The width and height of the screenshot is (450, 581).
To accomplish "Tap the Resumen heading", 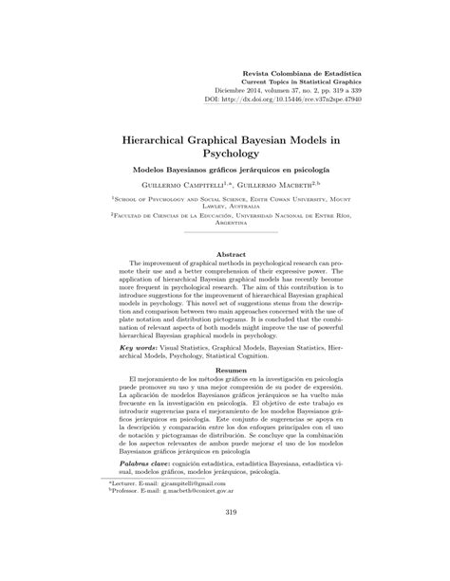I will (x=225, y=395).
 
